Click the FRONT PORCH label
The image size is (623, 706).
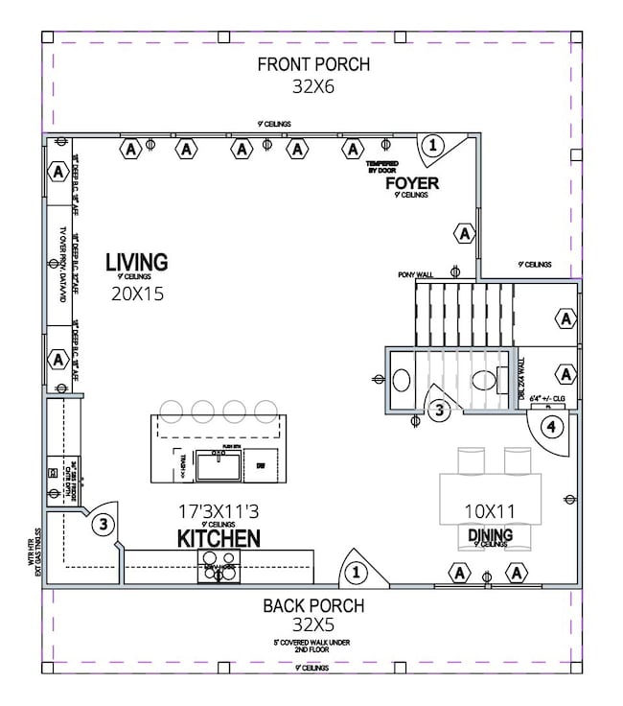pos(313,65)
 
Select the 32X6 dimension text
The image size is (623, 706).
pos(313,86)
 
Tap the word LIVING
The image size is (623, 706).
pos(136,261)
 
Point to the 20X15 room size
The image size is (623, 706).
pos(136,294)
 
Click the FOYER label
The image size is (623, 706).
pos(411,182)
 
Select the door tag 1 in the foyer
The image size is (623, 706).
pos(432,146)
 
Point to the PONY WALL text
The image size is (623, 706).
pos(416,274)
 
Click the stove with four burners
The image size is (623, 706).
pos(218,560)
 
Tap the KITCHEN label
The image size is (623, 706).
pos(218,538)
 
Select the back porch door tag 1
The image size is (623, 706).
pos(356,573)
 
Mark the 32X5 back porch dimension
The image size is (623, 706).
pos(313,626)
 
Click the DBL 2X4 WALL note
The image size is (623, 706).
pos(521,379)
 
